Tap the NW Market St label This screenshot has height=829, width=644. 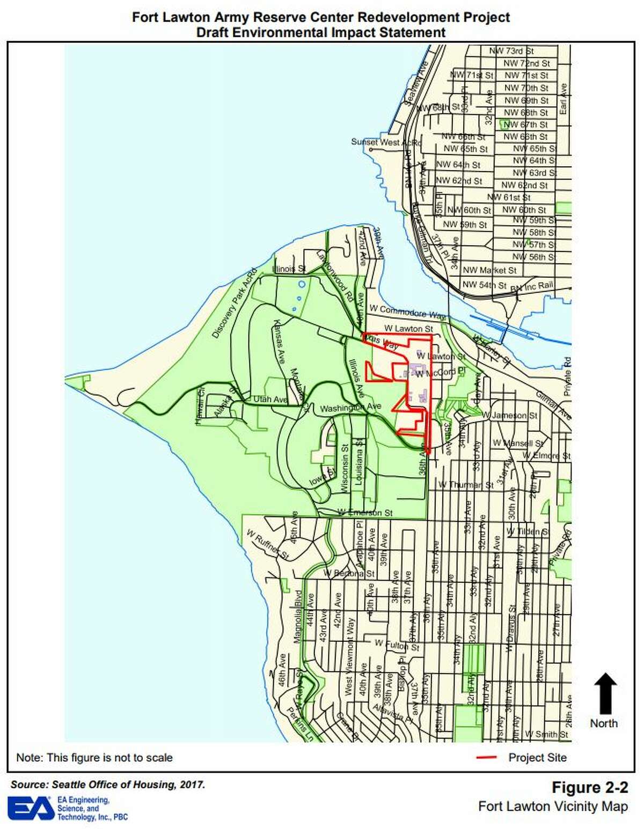489,270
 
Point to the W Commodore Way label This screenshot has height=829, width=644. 408,312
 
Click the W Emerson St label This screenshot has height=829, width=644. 365,513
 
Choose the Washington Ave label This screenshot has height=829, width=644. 350,408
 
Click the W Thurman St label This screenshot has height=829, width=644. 466,485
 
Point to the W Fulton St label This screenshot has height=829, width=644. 391,644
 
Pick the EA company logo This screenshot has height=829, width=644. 31,808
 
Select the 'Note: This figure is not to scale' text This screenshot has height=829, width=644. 94,758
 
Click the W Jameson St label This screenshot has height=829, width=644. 509,416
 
